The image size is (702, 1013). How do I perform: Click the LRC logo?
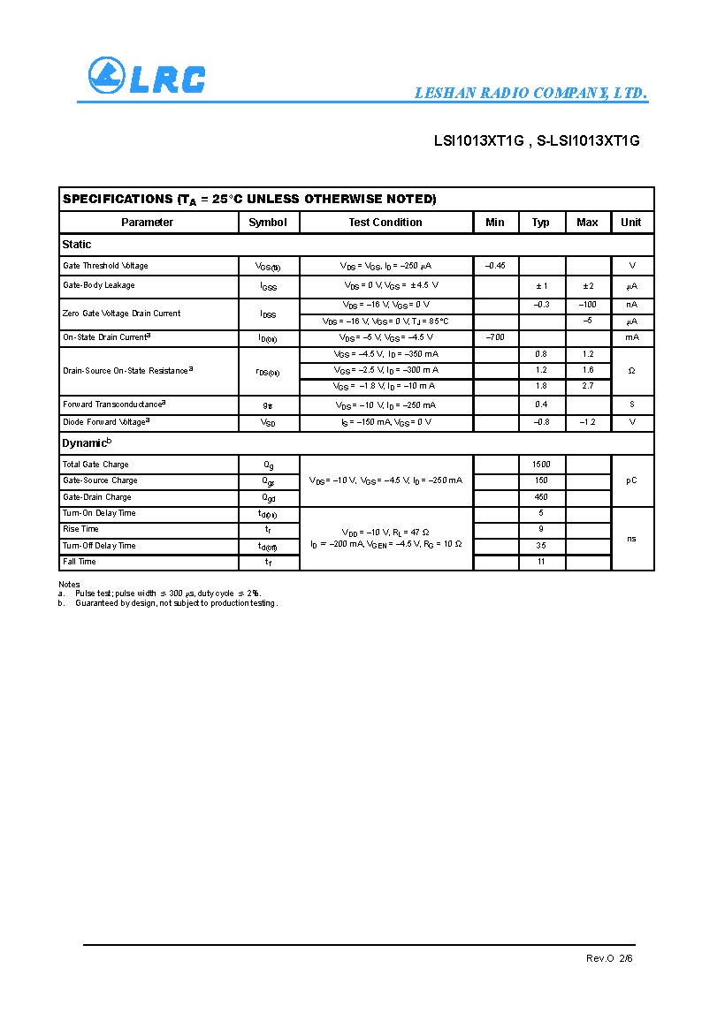[146, 77]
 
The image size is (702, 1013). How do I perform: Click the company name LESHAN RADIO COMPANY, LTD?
[530, 94]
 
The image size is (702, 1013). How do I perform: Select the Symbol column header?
[268, 223]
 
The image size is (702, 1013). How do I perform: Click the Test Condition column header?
[385, 223]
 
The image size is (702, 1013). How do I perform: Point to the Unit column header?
[630, 223]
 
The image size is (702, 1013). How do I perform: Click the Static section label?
[77, 245]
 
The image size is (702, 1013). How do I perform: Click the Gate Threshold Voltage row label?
[105, 266]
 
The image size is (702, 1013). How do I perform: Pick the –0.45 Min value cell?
[495, 266]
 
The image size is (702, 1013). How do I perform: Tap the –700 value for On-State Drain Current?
[495, 337]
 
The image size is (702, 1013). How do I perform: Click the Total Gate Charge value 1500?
[541, 465]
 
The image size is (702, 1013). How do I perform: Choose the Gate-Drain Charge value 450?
[541, 497]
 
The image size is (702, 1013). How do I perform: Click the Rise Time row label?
[80, 529]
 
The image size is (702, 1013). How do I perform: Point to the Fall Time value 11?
[541, 562]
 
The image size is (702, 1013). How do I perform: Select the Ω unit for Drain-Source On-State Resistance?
[631, 371]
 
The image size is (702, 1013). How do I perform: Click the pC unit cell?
[631, 480]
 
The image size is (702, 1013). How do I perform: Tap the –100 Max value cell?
[587, 304]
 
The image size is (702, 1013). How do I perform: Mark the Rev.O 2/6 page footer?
[609, 958]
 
